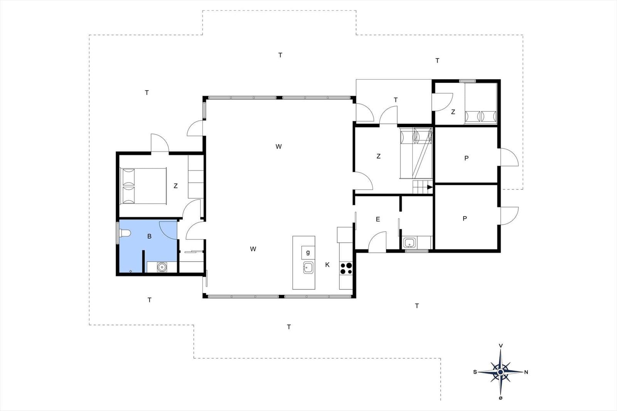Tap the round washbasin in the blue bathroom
[x=162, y=267]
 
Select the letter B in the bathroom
[x=150, y=237]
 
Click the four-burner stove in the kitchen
[x=346, y=268]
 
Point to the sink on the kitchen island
[x=308, y=267]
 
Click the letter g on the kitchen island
[x=308, y=253]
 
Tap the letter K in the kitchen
[x=327, y=265]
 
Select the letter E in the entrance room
[x=378, y=219]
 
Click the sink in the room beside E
[x=409, y=243]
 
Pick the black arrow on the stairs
[x=429, y=188]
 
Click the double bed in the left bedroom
[x=143, y=186]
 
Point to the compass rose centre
[x=501, y=372]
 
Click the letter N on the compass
[x=526, y=372]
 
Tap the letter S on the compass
[x=475, y=372]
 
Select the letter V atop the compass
[x=501, y=346]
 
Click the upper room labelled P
[x=466, y=158]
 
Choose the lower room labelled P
[x=465, y=218]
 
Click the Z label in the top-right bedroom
[x=453, y=112]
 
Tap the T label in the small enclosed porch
[x=396, y=100]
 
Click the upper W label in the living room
[x=279, y=146]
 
